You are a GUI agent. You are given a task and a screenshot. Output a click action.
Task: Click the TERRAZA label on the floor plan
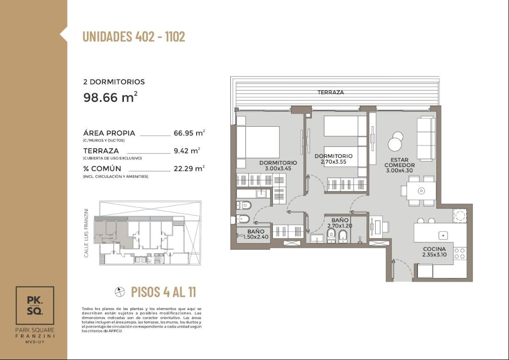click(x=331, y=92)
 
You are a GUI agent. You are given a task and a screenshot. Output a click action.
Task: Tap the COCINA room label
click(x=434, y=249)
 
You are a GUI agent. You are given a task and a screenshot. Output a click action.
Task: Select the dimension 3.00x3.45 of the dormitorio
click(x=278, y=168)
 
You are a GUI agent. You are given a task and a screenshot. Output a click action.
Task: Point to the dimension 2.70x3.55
click(x=333, y=161)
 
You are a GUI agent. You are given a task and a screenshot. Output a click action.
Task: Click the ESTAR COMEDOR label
click(x=399, y=162)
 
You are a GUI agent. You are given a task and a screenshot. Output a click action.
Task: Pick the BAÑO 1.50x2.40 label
click(x=256, y=234)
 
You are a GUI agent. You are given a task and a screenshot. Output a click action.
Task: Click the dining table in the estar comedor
click(x=421, y=191)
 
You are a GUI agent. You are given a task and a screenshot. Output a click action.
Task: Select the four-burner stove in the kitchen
click(x=460, y=253)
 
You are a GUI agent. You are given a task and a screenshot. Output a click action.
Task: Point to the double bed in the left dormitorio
click(x=258, y=142)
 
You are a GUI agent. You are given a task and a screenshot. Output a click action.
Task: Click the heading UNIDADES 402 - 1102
click(x=134, y=36)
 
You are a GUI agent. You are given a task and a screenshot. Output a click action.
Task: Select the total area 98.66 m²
click(x=110, y=97)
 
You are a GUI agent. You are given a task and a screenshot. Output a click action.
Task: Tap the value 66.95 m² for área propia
click(x=189, y=133)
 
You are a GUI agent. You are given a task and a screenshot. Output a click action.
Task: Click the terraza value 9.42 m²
click(x=187, y=151)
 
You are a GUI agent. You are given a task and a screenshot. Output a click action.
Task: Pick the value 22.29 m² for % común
click(x=189, y=168)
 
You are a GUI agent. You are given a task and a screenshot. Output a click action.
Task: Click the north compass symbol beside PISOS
click(x=120, y=292)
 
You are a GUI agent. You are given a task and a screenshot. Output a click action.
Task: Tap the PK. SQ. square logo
click(x=35, y=305)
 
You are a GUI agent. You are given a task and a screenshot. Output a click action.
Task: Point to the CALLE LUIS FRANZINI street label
click(x=86, y=233)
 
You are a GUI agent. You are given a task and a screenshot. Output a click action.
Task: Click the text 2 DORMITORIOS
click(x=114, y=82)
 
